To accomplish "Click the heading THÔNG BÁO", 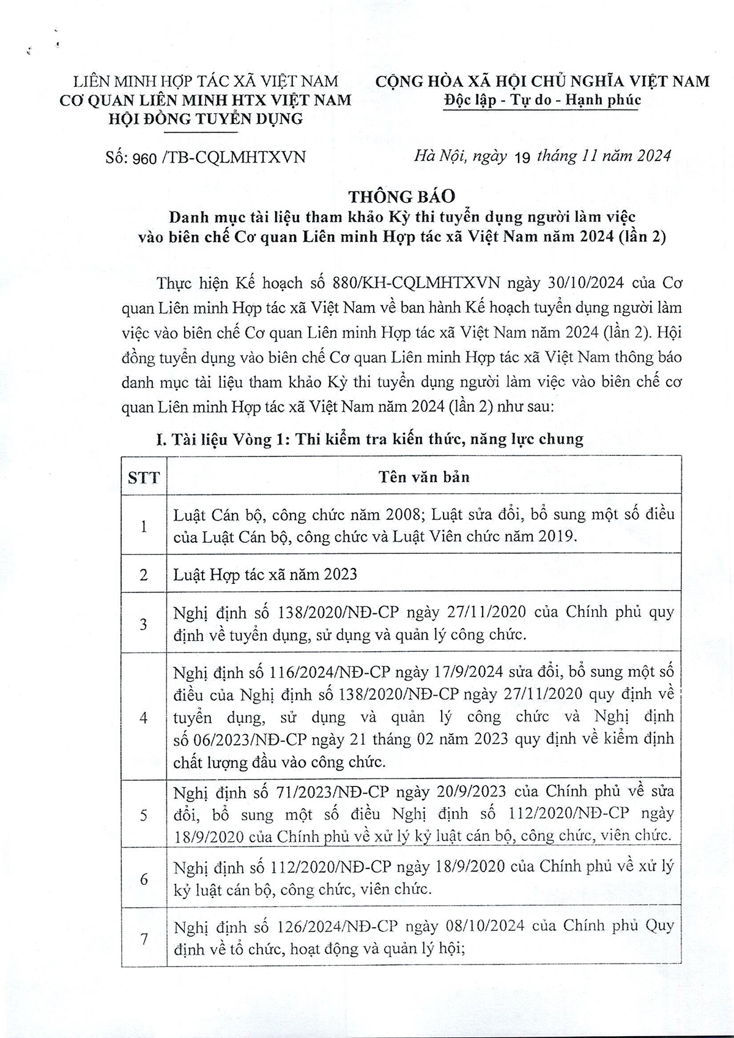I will point(402,196).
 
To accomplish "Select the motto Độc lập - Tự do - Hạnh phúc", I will point(542,100).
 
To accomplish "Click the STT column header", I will point(144,477).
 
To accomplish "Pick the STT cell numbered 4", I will point(144,717).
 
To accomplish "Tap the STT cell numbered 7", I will point(144,938).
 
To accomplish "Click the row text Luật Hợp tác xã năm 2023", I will point(265,574).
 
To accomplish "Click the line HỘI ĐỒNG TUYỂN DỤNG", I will point(205,119).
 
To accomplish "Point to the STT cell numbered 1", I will point(144,525).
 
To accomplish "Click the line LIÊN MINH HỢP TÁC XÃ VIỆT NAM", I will point(206,81).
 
